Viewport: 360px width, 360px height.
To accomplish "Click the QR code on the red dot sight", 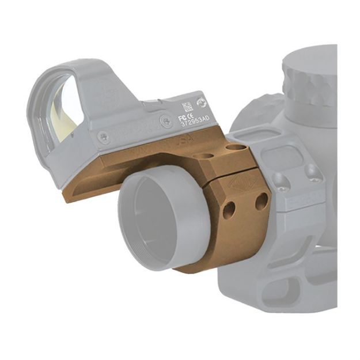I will coord(187,107).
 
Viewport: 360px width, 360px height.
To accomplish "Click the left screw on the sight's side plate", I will coord(103,137).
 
